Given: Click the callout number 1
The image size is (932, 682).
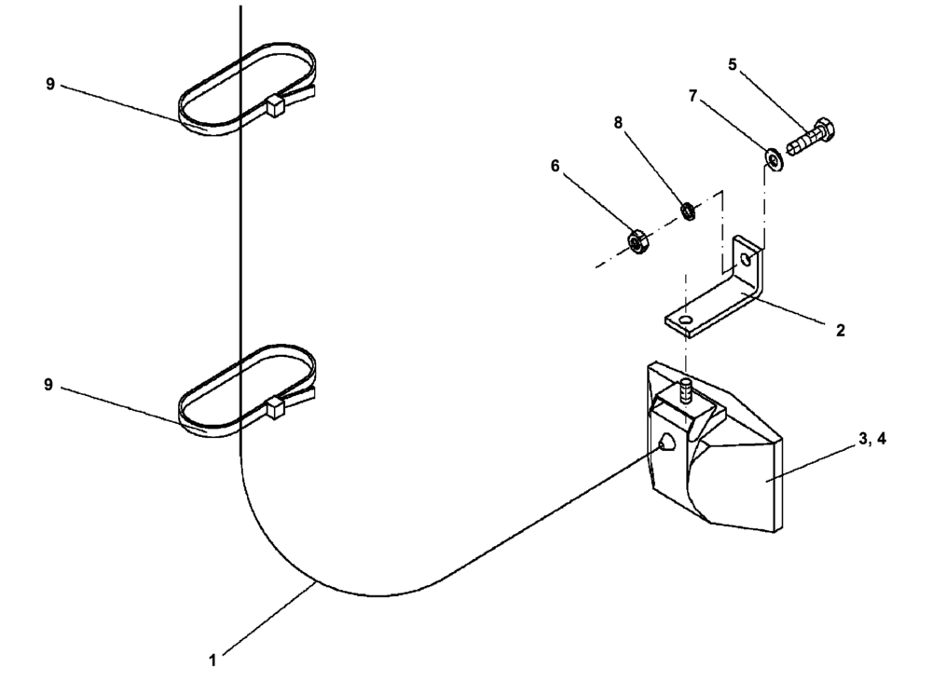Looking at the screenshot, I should point(212,660).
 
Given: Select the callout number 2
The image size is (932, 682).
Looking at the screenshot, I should point(841,330).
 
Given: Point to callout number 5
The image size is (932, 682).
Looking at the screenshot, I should point(733,65).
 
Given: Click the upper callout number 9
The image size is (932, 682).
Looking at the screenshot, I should point(49,85).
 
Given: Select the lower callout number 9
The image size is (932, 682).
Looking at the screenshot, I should point(49,385).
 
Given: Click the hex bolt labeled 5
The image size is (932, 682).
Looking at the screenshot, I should point(811,139).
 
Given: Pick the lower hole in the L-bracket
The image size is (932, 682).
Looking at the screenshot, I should point(687,321).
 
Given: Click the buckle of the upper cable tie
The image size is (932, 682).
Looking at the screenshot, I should point(275,106).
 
